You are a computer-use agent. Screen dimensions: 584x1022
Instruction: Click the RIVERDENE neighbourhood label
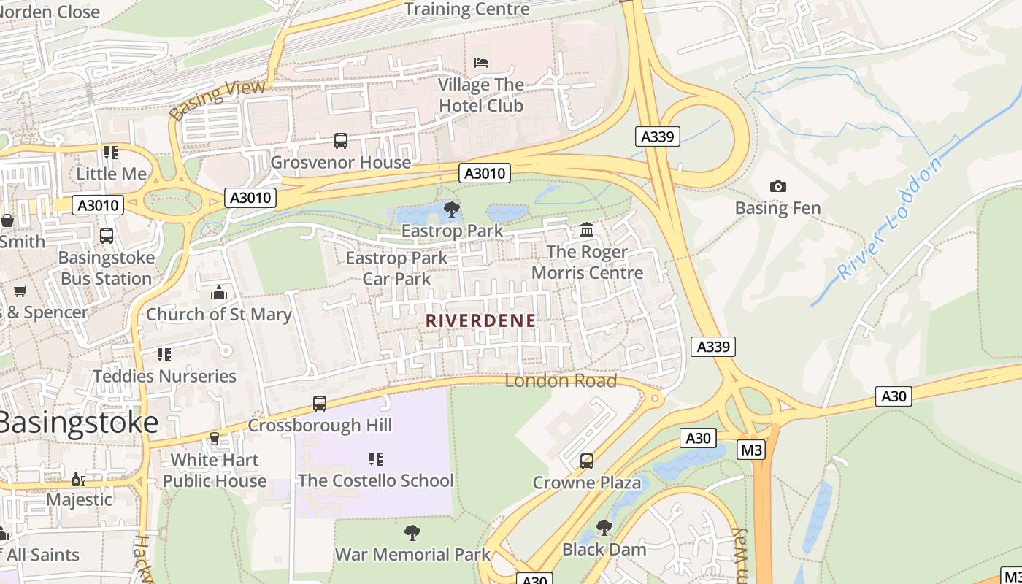click(480, 320)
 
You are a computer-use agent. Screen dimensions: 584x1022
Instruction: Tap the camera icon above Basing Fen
click(778, 187)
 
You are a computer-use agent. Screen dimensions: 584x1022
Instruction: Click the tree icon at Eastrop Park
click(452, 210)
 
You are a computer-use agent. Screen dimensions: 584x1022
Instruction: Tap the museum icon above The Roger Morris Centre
click(587, 231)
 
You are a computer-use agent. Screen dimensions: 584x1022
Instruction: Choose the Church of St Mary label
click(218, 315)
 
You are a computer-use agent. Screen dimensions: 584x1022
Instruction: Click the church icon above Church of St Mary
click(218, 293)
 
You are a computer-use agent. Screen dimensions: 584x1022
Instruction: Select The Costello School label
click(375, 480)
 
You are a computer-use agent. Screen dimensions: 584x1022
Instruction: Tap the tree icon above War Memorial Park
click(412, 533)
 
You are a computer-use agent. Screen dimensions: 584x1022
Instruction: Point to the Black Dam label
click(604, 549)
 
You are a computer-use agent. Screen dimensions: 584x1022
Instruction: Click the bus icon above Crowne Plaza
click(587, 461)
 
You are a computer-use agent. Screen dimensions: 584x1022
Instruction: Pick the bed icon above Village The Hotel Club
click(481, 63)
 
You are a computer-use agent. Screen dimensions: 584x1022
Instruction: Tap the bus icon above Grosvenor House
click(341, 141)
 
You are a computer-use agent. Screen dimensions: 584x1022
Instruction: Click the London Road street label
click(561, 380)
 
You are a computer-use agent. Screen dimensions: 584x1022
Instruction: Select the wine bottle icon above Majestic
click(79, 480)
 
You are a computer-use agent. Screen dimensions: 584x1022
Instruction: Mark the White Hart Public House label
click(214, 471)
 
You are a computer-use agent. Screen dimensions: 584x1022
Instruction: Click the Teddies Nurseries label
click(164, 376)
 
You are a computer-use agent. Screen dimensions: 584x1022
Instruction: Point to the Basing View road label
click(207, 101)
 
